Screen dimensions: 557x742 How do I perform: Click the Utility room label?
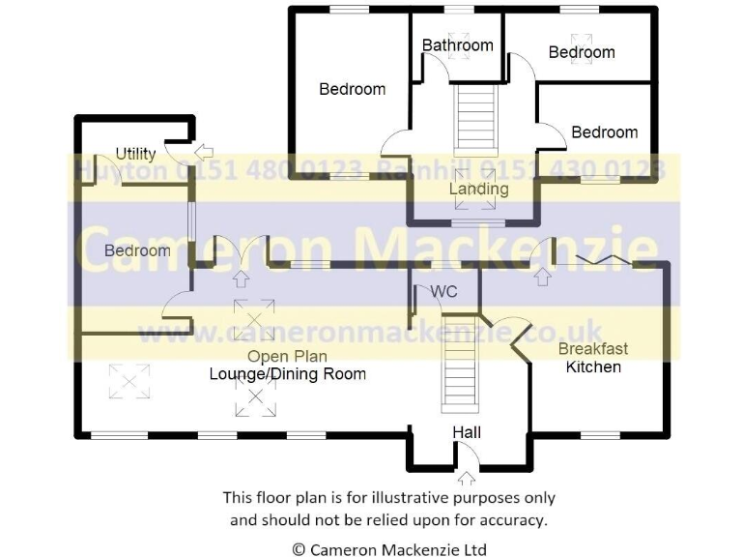pyautogui.click(x=135, y=154)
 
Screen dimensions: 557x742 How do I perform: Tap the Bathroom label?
pyautogui.click(x=458, y=44)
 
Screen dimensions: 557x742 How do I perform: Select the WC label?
pyautogui.click(x=444, y=291)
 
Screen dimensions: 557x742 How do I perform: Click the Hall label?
pyautogui.click(x=467, y=432)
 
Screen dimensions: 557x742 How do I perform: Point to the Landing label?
pyautogui.click(x=478, y=190)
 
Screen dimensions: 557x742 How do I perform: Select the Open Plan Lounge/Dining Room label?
pyautogui.click(x=288, y=366)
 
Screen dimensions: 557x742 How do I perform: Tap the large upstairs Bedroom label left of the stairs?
pyautogui.click(x=353, y=89)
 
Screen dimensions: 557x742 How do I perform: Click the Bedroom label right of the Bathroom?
pyautogui.click(x=582, y=52)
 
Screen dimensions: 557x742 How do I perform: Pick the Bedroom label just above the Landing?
pyautogui.click(x=605, y=132)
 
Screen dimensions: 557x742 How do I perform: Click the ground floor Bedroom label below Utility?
pyautogui.click(x=137, y=250)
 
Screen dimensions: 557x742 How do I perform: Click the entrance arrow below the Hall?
pyautogui.click(x=468, y=477)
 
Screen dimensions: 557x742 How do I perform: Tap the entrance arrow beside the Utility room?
pyautogui.click(x=204, y=151)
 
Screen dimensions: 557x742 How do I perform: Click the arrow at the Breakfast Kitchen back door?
pyautogui.click(x=543, y=278)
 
